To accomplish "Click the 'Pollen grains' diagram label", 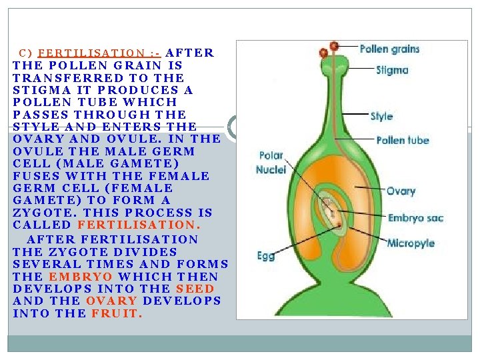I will click(389, 49).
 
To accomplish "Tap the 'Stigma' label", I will click(392, 69).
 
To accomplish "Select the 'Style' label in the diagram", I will click(381, 116).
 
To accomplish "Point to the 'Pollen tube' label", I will click(403, 140).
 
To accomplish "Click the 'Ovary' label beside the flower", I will click(401, 191).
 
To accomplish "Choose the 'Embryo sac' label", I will click(415, 217).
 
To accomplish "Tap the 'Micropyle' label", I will click(411, 243).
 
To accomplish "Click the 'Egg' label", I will click(265, 255).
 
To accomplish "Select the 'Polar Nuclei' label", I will click(271, 163).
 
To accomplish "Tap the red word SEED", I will click(195, 289).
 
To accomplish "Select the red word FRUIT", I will click(117, 313).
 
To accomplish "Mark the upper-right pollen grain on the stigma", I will click(334, 46).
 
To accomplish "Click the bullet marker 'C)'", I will click(25, 53).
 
